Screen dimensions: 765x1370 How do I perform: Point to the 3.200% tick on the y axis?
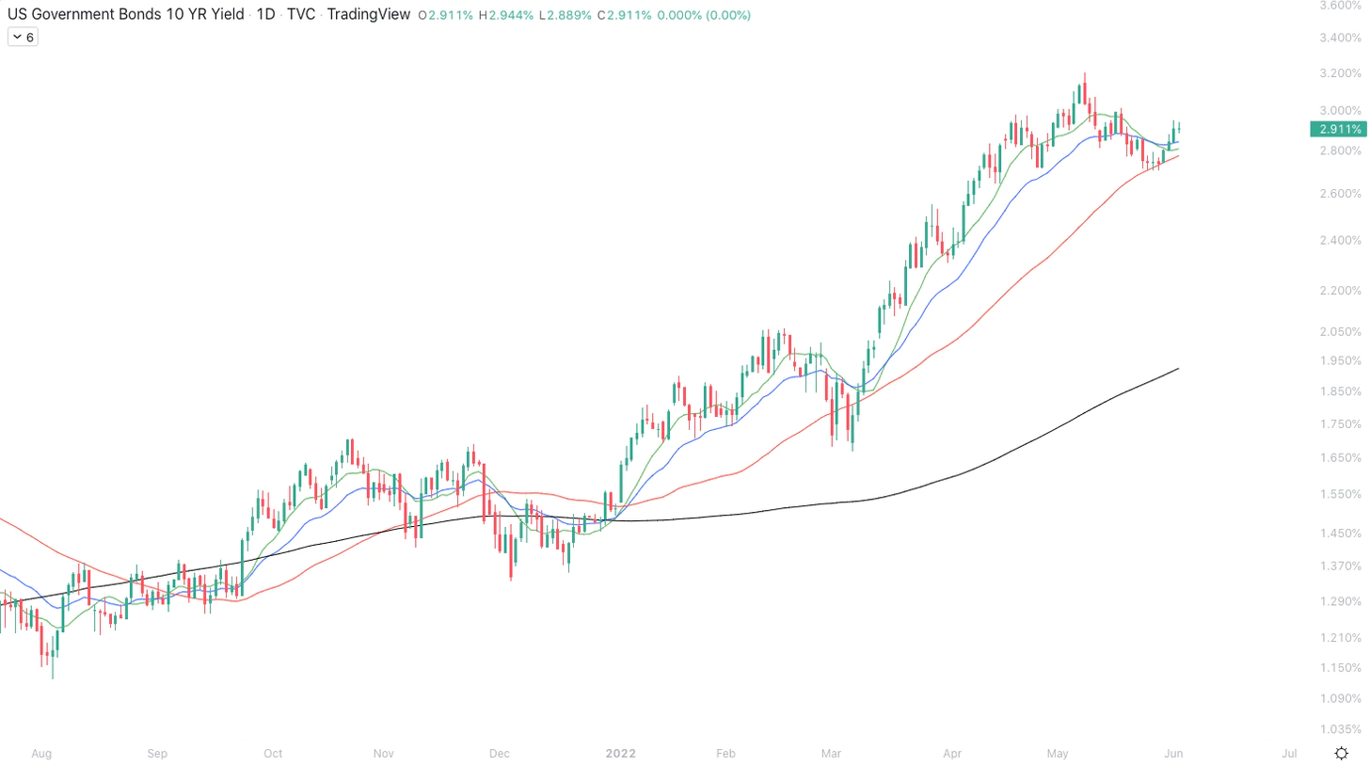[x=1339, y=73]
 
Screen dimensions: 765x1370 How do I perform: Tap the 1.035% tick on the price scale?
[x=1339, y=729]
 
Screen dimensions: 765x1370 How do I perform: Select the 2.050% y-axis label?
[x=1339, y=331]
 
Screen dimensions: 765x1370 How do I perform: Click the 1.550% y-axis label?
[x=1339, y=494]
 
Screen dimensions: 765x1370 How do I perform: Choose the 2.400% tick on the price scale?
[x=1339, y=241]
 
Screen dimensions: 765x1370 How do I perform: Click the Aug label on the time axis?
[x=40, y=754]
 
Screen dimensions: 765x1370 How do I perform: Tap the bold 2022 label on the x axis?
[x=621, y=754]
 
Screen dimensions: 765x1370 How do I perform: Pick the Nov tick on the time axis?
[x=383, y=754]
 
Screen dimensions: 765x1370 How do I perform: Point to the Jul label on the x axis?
[x=1290, y=754]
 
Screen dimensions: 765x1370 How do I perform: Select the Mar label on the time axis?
[x=831, y=754]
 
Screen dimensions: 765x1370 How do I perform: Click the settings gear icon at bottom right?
[x=1342, y=753]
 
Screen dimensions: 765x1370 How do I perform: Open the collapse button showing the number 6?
[x=23, y=38]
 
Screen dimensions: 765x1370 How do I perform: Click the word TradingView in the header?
[x=368, y=15]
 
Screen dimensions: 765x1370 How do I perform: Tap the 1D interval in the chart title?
[x=266, y=15]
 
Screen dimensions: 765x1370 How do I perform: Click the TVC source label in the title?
[x=301, y=15]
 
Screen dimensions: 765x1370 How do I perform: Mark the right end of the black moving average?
[x=1179, y=369]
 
